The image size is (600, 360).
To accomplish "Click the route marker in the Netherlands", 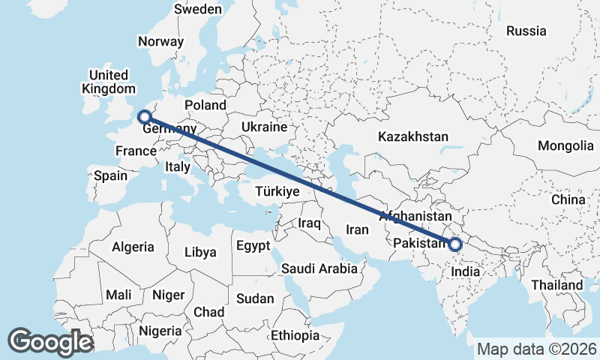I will (145, 116).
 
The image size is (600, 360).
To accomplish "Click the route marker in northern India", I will (455, 244).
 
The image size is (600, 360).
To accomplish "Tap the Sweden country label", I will (198, 10).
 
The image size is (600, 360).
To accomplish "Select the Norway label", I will (160, 42).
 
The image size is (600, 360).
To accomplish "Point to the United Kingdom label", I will (109, 82).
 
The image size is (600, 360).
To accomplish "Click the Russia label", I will (526, 31).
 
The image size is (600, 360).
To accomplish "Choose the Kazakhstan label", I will (413, 137).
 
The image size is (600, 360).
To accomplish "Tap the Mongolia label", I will (565, 145).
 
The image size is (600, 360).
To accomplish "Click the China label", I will (568, 199).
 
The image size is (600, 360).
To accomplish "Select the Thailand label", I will (556, 285).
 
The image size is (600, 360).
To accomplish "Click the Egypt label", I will (253, 246).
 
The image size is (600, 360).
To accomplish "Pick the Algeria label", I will (133, 247).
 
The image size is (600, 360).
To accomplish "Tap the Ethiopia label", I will (295, 334).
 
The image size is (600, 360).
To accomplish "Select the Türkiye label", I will (277, 192).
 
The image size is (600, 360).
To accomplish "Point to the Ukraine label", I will (264, 127).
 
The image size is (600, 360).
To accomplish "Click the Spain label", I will (110, 176).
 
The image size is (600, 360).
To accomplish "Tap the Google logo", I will (50, 342).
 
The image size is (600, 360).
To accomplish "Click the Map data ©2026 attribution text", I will (536, 349).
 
